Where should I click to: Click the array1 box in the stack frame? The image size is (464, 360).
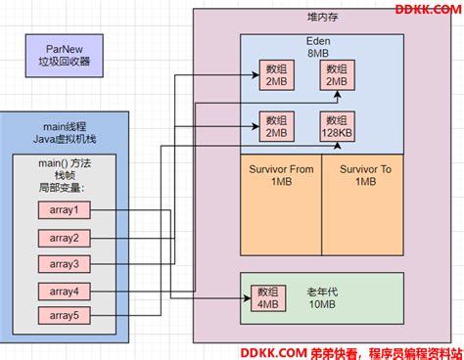pyautogui.click(x=64, y=210)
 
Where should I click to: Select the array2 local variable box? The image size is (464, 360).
pyautogui.click(x=64, y=238)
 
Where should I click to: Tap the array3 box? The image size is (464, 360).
pyautogui.click(x=64, y=263)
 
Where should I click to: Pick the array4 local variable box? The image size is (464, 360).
pyautogui.click(x=64, y=291)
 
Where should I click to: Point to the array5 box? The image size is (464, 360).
pyautogui.click(x=64, y=315)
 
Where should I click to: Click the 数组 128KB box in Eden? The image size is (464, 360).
pyautogui.click(x=338, y=126)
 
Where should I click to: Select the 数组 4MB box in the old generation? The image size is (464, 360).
pyautogui.click(x=266, y=297)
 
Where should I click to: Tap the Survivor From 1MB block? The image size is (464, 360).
pyautogui.click(x=281, y=175)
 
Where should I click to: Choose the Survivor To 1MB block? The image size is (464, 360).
pyautogui.click(x=365, y=175)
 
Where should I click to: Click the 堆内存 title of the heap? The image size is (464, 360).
pyautogui.click(x=322, y=20)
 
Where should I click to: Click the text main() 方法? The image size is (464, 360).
pyautogui.click(x=64, y=162)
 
